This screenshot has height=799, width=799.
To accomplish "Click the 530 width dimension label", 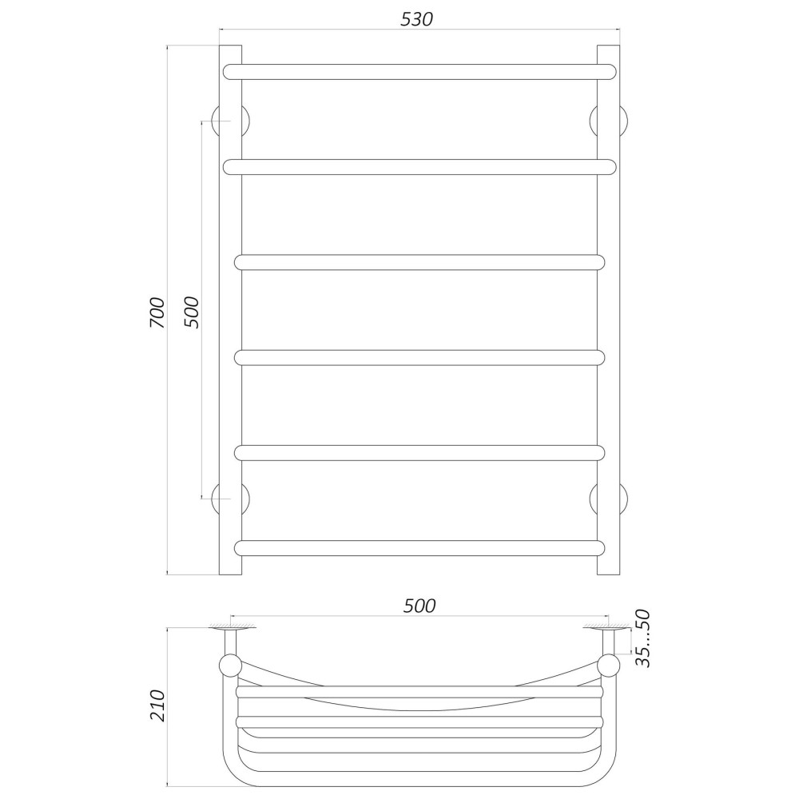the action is (417, 19).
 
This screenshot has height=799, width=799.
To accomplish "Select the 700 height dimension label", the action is (157, 312).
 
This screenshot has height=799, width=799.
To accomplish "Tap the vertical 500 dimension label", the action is (191, 312).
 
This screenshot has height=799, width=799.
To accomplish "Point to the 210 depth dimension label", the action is (157, 706).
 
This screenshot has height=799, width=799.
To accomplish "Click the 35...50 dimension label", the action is (644, 638).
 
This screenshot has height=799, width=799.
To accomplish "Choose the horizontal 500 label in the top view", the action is (419, 606).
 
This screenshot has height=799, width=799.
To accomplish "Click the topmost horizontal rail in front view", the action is (419, 72).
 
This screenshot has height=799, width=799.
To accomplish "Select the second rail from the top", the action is (419, 167).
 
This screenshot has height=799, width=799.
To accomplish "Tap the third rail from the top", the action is (419, 262).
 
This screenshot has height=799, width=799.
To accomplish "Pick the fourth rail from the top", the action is (419, 358).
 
